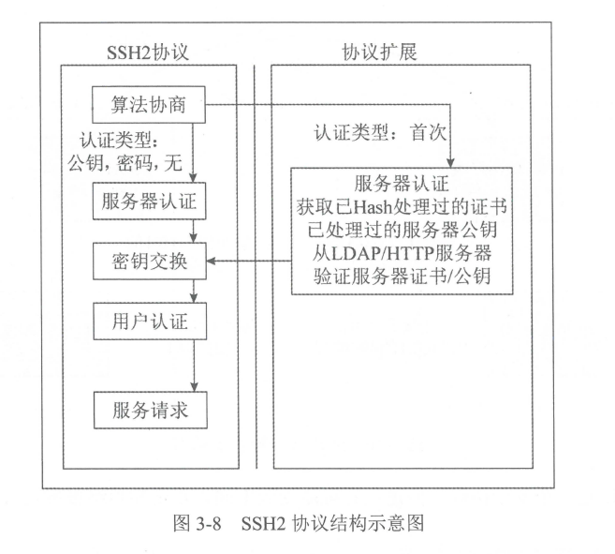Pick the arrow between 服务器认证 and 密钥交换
(193, 231)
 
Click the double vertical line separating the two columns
(256, 262)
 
